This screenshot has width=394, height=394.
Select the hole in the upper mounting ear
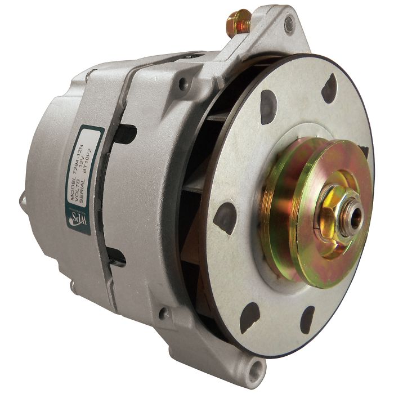[x=289, y=23]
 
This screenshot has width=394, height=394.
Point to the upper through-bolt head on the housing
[x=183, y=84]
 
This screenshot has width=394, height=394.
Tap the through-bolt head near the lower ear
[x=164, y=314]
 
